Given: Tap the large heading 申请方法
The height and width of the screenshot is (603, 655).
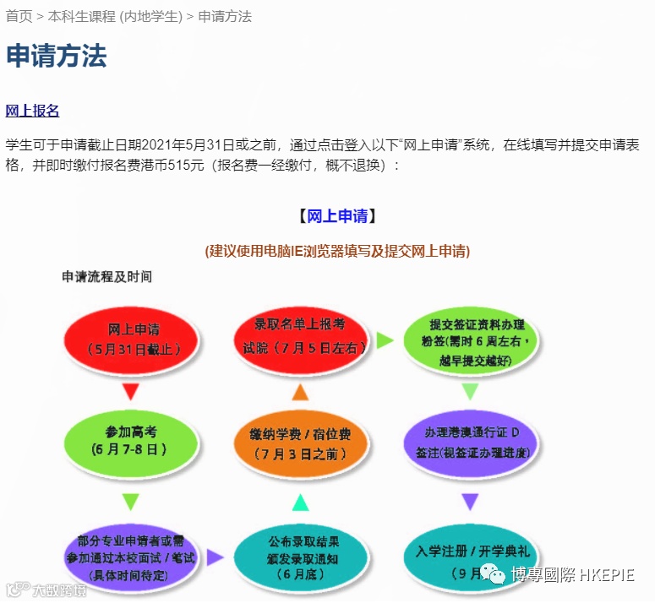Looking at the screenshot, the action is click(x=57, y=57).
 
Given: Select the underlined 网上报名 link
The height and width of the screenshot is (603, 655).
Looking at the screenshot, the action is click(x=32, y=111).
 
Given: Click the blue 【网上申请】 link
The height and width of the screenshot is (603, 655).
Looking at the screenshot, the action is click(x=336, y=216).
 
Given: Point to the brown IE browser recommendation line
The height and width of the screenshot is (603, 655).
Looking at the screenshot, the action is click(x=337, y=251).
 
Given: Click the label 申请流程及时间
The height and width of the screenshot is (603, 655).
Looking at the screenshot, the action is click(x=106, y=276).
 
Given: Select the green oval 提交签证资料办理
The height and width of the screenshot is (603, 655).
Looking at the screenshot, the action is click(x=471, y=340).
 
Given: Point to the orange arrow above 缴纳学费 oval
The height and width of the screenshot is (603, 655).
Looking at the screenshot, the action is click(x=300, y=391).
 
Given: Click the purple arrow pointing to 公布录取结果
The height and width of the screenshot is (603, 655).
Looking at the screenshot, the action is click(x=215, y=557).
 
